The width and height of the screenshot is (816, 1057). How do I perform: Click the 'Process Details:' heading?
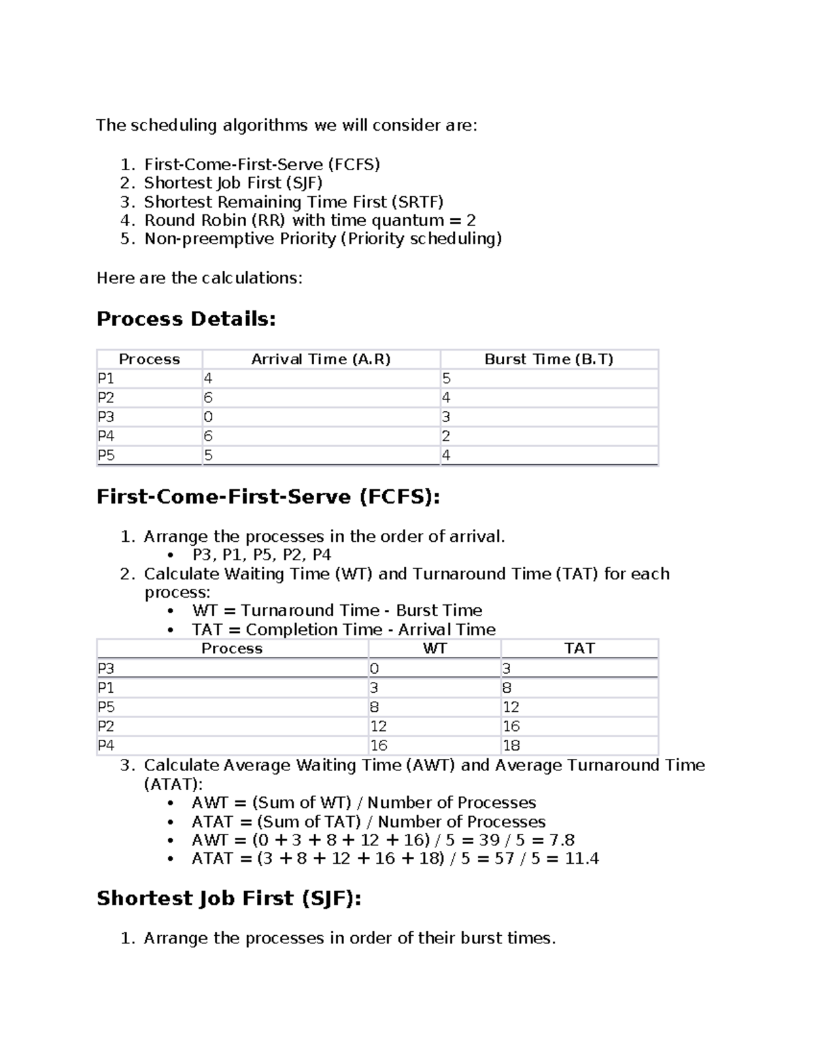click(x=186, y=319)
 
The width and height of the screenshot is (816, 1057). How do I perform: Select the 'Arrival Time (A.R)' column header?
click(x=320, y=359)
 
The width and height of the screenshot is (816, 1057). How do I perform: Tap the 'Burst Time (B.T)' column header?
click(x=548, y=359)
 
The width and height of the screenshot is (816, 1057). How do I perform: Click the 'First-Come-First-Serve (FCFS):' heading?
click(x=268, y=497)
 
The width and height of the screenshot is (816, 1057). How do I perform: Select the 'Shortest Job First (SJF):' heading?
click(x=228, y=898)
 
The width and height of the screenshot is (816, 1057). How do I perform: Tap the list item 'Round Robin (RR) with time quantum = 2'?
click(x=309, y=221)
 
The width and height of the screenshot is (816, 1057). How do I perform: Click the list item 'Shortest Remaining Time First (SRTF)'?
click(x=293, y=202)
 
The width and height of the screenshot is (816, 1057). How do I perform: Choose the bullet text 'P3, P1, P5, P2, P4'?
click(x=261, y=555)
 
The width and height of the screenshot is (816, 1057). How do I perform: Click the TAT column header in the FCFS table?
click(x=579, y=649)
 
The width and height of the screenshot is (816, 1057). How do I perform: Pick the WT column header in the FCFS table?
click(x=435, y=649)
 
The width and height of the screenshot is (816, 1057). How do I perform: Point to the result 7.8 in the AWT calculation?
click(x=562, y=840)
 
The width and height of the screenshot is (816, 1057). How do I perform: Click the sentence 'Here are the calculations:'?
click(x=199, y=278)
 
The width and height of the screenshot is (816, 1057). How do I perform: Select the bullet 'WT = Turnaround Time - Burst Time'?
click(x=337, y=611)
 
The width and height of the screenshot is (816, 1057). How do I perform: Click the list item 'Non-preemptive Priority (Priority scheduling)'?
click(x=323, y=239)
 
